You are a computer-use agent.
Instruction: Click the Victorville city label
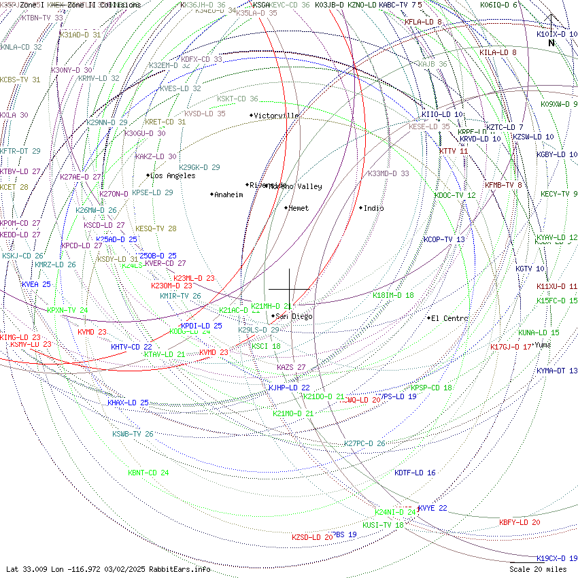(276, 116)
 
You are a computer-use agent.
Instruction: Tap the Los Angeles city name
(173, 175)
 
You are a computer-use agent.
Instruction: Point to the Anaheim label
(228, 194)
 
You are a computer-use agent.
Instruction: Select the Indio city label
(373, 208)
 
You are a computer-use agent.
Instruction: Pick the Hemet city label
(299, 208)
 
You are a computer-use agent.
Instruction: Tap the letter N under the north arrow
(551, 43)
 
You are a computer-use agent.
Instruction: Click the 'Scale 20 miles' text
(538, 569)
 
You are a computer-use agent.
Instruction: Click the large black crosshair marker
(289, 289)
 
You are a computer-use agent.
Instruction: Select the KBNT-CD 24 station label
(148, 473)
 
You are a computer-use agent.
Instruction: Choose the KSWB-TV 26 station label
(133, 434)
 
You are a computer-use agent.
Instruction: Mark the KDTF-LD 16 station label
(415, 473)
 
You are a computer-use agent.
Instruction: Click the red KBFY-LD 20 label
(520, 522)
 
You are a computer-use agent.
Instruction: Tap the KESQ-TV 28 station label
(156, 228)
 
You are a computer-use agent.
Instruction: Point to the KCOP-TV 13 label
(444, 239)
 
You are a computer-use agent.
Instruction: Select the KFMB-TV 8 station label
(503, 185)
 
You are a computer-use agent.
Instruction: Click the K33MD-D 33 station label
(388, 173)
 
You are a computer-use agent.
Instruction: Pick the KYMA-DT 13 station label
(557, 371)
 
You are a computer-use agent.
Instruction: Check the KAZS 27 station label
(291, 367)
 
